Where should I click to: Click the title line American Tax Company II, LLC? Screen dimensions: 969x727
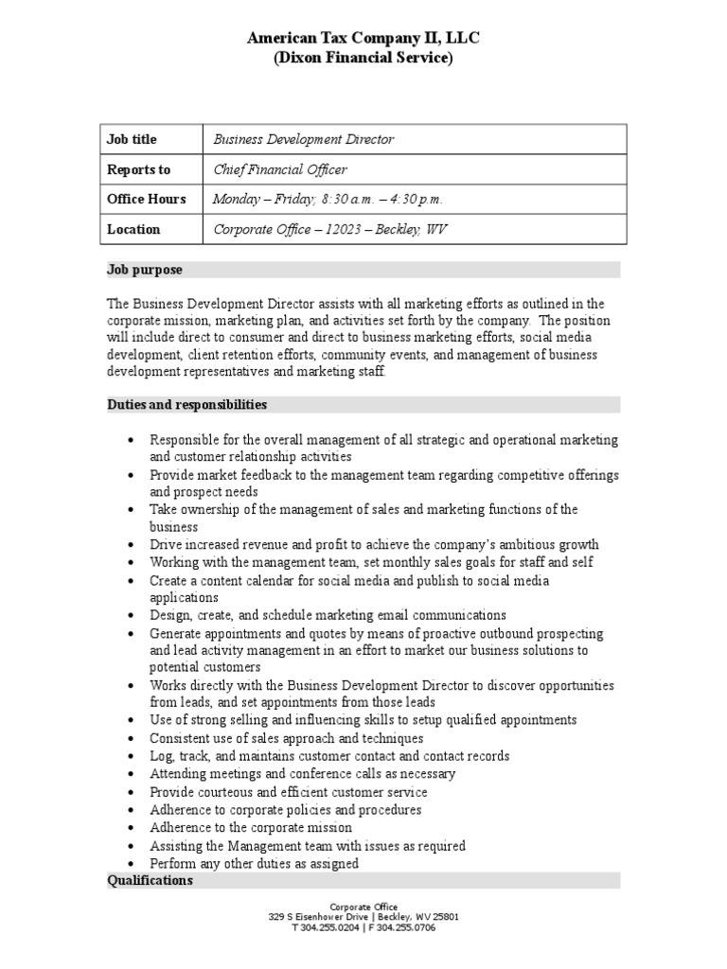(363, 38)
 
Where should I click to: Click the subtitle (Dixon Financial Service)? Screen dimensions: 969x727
(363, 59)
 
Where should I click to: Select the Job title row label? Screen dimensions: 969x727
(132, 139)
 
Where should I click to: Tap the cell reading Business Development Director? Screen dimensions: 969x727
(303, 139)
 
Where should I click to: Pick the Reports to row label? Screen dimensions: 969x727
(138, 169)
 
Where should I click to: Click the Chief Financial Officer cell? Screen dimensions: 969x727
(279, 169)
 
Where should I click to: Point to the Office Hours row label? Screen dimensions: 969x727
(146, 199)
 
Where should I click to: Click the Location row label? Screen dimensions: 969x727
(133, 229)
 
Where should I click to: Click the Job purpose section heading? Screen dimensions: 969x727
(145, 270)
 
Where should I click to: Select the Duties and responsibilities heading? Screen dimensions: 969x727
(186, 404)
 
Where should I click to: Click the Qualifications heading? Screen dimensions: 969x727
(150, 880)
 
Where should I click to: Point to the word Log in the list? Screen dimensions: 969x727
(160, 756)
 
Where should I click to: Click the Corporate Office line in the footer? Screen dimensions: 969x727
(363, 907)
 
